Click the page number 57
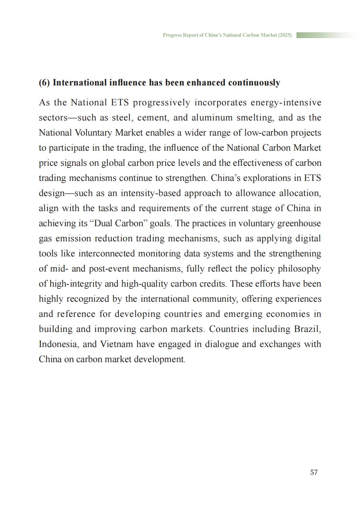click(x=314, y=472)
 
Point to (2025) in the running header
click(x=285, y=35)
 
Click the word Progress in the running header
click(x=171, y=35)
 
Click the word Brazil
click(x=307, y=329)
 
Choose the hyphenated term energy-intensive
click(x=286, y=102)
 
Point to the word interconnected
click(x=106, y=253)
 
